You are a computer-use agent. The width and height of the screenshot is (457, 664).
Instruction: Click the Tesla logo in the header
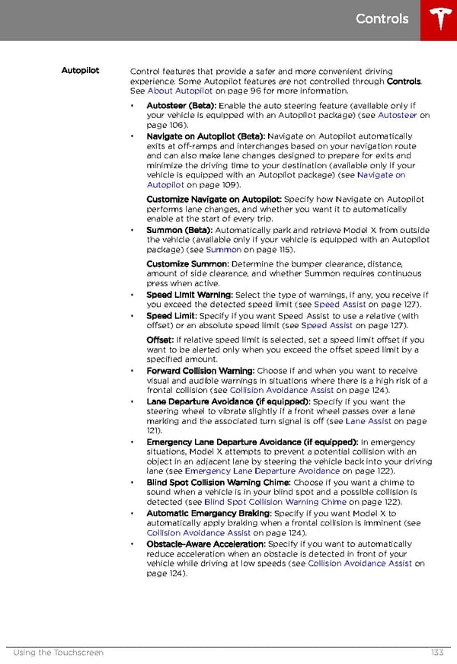(x=439, y=20)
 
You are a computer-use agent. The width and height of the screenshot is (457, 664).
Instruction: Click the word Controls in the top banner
(x=382, y=18)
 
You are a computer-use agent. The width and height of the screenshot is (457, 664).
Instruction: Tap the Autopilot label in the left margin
(x=80, y=71)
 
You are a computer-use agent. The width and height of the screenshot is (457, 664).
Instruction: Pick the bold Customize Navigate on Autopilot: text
(x=213, y=199)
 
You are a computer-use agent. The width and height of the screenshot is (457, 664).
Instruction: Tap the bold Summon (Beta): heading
(x=180, y=230)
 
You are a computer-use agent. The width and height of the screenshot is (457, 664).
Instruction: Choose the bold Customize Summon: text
(x=187, y=263)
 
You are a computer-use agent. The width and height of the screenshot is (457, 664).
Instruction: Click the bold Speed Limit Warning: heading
(x=190, y=295)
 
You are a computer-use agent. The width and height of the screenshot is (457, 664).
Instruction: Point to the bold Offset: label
(x=160, y=340)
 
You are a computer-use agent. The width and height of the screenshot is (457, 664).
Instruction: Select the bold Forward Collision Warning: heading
(x=200, y=371)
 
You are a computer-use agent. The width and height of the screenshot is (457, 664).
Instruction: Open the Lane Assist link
(x=369, y=420)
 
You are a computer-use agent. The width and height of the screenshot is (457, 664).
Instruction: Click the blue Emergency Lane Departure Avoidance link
(x=262, y=471)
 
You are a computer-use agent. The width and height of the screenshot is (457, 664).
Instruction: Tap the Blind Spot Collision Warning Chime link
(x=275, y=502)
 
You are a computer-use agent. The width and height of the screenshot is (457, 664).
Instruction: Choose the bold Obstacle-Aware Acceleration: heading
(x=206, y=544)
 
